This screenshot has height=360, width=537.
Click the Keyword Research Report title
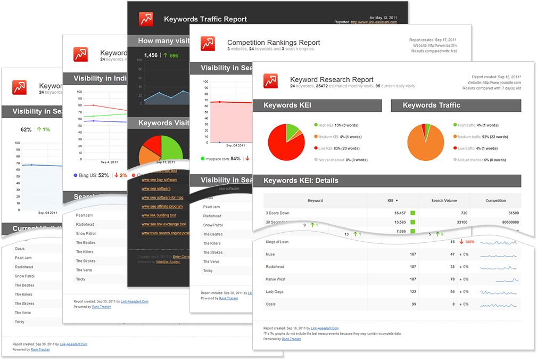(x=331, y=79)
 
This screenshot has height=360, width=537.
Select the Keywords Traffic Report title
(x=205, y=19)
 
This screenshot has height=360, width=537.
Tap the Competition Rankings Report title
(x=274, y=43)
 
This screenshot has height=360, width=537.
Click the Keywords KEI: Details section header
(x=301, y=181)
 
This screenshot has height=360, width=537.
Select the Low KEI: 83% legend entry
(x=338, y=149)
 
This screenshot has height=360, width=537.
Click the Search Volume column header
(x=444, y=201)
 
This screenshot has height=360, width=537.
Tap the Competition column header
(x=495, y=201)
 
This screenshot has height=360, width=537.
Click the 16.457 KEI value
(x=397, y=213)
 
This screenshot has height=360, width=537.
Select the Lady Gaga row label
(x=275, y=291)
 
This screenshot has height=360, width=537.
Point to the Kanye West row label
(x=276, y=279)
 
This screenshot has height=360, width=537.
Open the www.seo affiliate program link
(x=162, y=206)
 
